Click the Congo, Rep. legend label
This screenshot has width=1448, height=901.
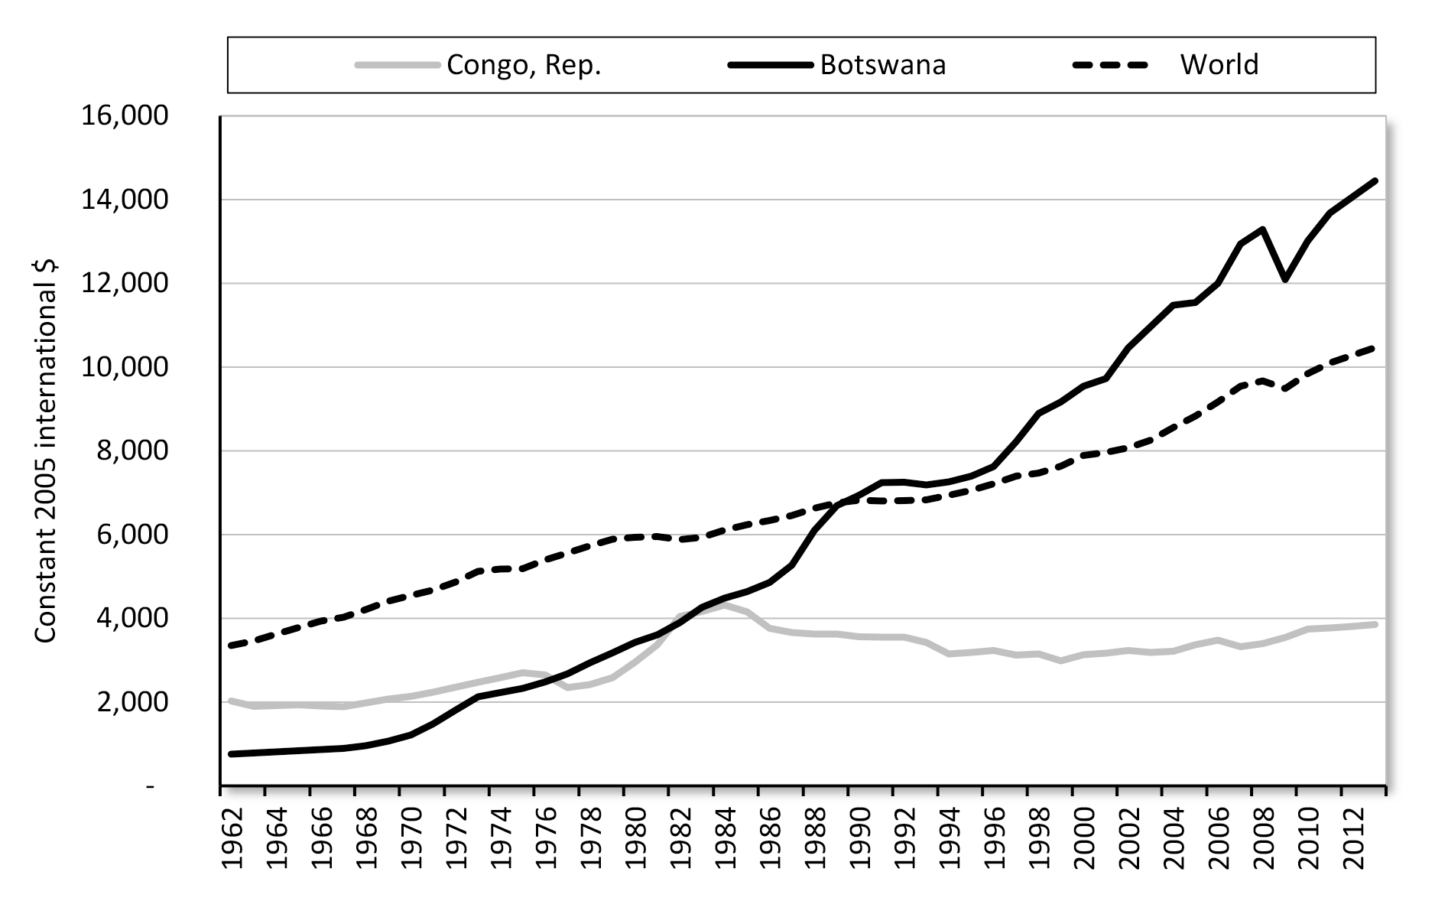point(524,65)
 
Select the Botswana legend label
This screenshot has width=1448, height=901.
point(883,65)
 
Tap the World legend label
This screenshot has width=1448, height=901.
point(1219,65)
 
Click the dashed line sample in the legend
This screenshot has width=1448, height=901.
point(1110,65)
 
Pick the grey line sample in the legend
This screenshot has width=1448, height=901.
point(398,65)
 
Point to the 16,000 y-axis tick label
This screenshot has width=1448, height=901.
point(123,116)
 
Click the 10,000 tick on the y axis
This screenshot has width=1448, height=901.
point(123,368)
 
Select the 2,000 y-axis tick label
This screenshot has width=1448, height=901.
point(123,702)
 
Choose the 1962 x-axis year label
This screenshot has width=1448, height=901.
point(232,840)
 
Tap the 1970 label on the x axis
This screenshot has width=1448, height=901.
point(411,840)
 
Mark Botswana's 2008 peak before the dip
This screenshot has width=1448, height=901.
point(1262,229)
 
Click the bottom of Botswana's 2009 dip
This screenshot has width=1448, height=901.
point(1285,280)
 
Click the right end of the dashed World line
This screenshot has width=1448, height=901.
point(1375,349)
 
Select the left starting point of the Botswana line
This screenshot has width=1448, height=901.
point(232,754)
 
